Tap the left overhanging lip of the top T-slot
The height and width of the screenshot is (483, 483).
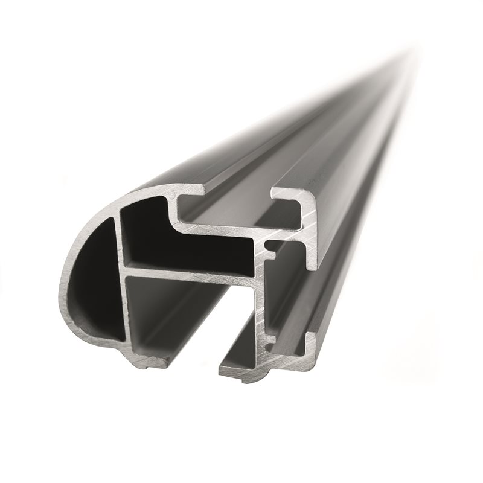pos(187,192)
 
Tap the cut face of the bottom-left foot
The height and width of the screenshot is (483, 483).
pos(148,360)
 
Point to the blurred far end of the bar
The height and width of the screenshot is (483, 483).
pos(411,60)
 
